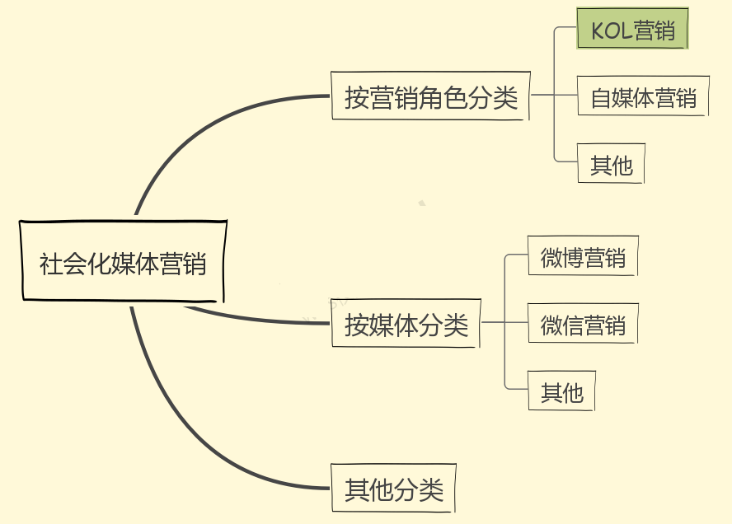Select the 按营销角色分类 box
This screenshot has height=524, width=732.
click(x=429, y=97)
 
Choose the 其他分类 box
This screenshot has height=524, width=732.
click(x=393, y=489)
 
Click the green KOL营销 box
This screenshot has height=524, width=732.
click(x=632, y=30)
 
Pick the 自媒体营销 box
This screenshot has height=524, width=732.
click(x=643, y=97)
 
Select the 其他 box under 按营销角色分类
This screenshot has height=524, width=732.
click(x=611, y=165)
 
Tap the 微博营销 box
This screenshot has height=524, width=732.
click(x=583, y=257)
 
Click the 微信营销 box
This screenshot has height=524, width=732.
click(x=583, y=325)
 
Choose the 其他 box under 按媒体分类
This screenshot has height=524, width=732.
click(x=561, y=392)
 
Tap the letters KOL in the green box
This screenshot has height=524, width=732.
click(x=611, y=31)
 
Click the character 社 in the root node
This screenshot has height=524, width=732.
click(x=51, y=264)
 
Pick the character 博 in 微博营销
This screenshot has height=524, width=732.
click(x=572, y=258)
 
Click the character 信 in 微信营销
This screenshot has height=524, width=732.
click(x=572, y=325)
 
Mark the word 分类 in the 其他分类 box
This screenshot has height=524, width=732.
click(x=420, y=490)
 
